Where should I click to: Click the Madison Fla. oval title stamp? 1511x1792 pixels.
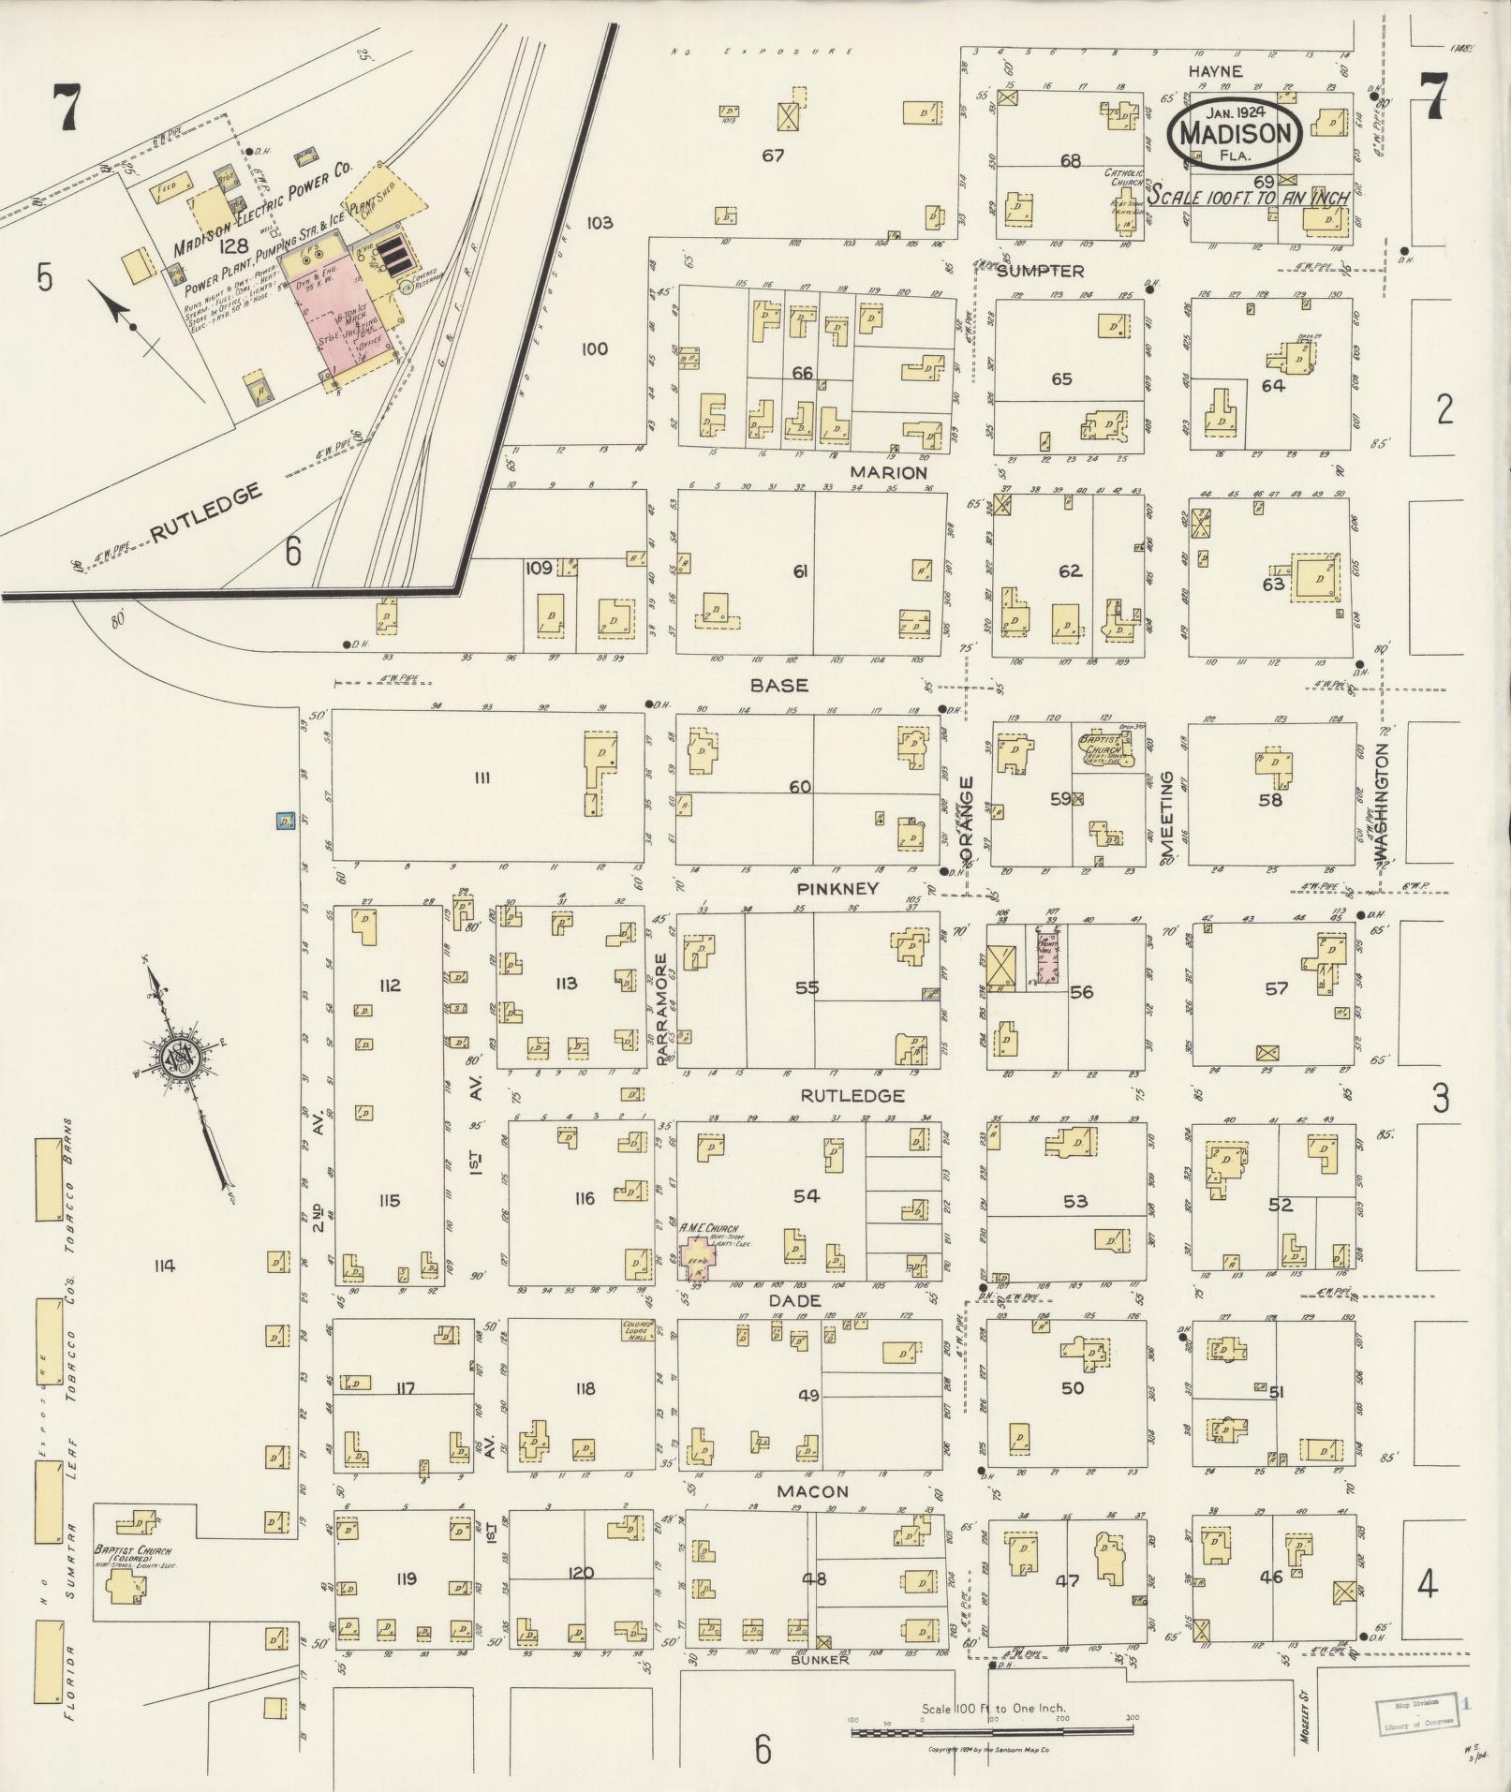(x=1234, y=133)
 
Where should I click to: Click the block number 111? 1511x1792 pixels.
(x=482, y=776)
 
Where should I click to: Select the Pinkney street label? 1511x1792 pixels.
(x=837, y=887)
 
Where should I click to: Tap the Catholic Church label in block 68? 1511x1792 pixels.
(x=1124, y=178)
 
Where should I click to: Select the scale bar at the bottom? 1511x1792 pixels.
(x=992, y=1732)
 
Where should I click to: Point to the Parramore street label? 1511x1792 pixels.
(x=661, y=1008)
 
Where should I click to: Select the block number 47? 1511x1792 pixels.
(x=1067, y=1581)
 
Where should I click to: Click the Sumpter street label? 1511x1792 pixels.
(x=1040, y=271)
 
